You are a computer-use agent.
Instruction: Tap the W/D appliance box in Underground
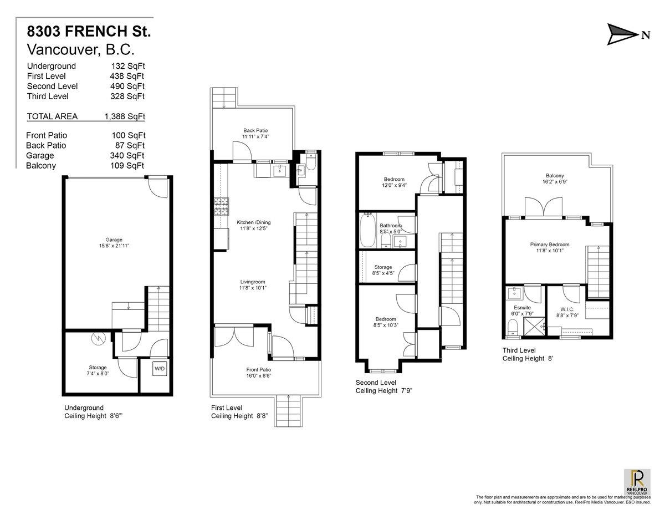(159, 369)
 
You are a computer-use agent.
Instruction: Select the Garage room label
(114, 240)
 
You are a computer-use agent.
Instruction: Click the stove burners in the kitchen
(221, 207)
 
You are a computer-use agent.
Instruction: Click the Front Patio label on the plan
(259, 370)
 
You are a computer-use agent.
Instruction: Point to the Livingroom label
(252, 281)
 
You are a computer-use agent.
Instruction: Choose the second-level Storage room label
(383, 267)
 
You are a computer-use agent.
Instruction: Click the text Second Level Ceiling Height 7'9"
(383, 386)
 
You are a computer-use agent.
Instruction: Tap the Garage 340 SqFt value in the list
(129, 156)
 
